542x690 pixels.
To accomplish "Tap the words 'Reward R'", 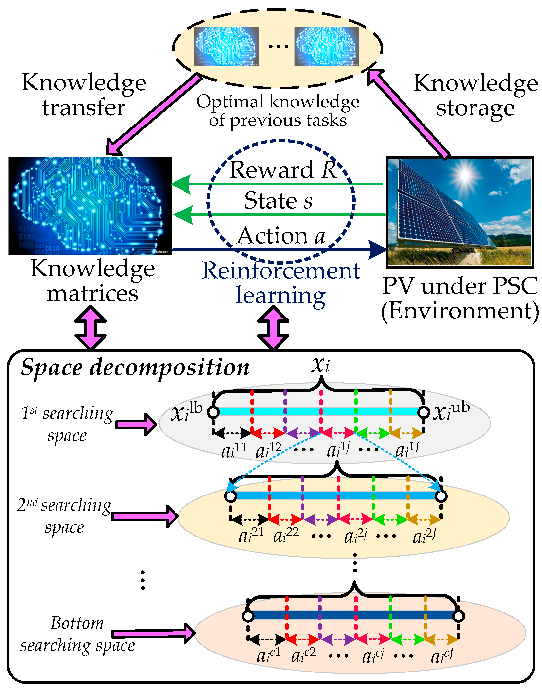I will (x=282, y=170).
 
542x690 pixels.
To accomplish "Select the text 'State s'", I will (x=278, y=201).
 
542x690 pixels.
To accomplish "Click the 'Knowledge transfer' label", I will (x=84, y=95).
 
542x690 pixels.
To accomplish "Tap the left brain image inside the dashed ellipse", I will (x=226, y=46).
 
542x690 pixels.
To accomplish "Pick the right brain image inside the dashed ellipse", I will (x=327, y=46).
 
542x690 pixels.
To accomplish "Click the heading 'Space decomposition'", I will (x=135, y=368).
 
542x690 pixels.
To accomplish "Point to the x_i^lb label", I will (x=187, y=412).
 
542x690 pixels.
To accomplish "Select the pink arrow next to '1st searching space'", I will (x=136, y=424).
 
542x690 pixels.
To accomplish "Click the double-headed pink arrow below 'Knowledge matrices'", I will (x=90, y=328).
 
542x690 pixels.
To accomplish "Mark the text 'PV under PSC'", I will (x=460, y=286).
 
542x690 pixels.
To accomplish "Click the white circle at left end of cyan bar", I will (x=213, y=412).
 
